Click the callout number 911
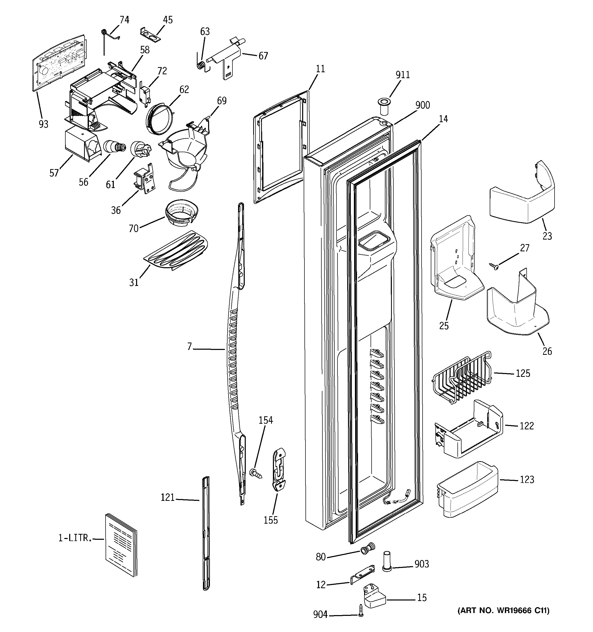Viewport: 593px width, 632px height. point(403,75)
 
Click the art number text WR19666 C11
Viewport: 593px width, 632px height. point(503,610)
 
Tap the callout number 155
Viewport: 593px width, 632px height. point(271,520)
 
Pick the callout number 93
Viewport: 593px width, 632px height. point(44,124)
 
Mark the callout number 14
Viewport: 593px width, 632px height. point(443,119)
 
